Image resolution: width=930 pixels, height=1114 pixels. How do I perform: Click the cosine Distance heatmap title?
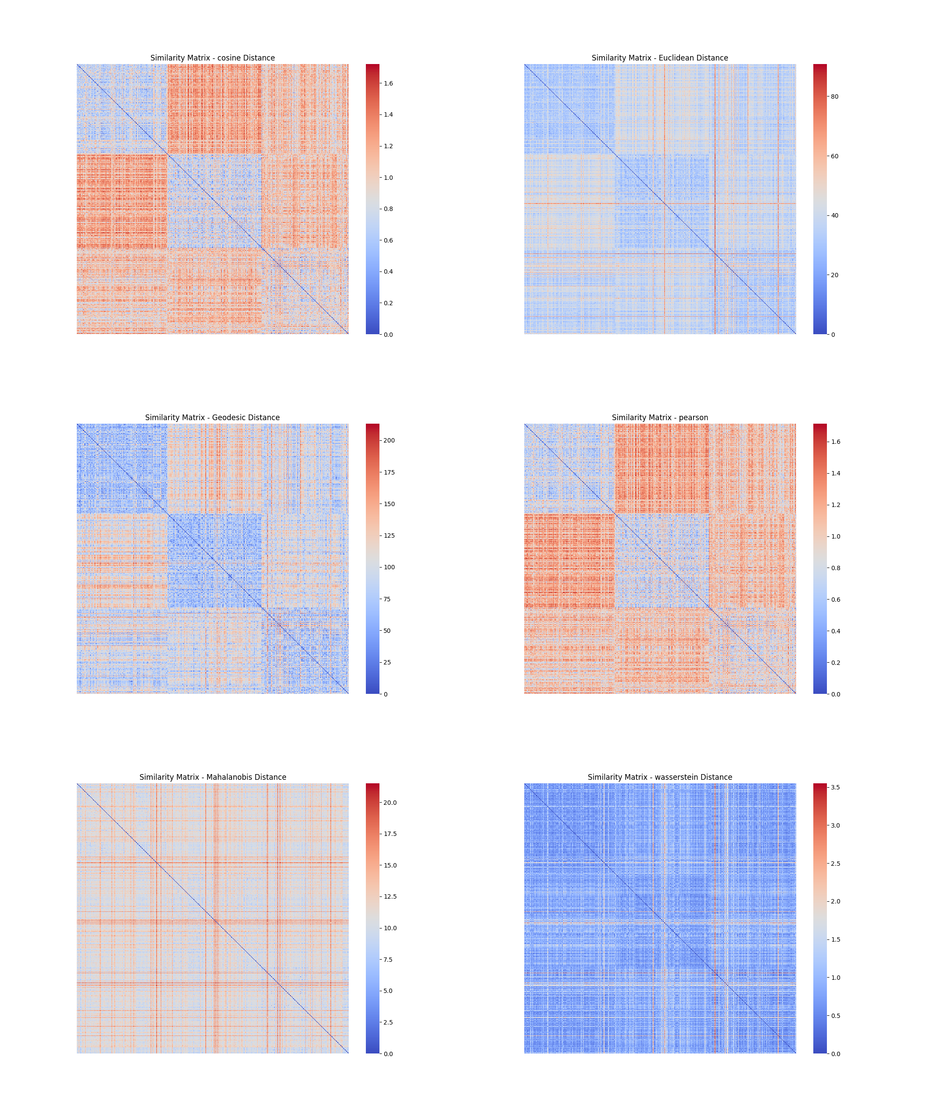212,58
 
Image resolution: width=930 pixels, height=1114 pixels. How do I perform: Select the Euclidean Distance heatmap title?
659,58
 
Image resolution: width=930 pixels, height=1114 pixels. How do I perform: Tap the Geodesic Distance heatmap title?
212,418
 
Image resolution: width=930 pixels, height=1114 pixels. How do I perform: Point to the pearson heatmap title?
659,418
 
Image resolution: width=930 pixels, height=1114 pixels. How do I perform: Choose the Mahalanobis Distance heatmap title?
212,777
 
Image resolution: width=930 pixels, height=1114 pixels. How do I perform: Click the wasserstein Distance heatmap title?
659,777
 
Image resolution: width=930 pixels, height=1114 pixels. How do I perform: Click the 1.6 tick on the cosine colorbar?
388,83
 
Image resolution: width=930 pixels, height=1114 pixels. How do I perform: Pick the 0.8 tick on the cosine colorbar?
388,209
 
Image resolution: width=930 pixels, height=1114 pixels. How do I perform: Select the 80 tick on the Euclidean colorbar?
834,96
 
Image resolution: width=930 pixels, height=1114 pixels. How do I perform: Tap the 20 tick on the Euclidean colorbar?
834,275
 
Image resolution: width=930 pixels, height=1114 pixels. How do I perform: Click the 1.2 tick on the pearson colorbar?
835,505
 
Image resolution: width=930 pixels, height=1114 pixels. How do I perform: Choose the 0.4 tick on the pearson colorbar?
835,631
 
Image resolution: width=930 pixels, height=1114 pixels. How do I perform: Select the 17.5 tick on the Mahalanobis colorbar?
390,834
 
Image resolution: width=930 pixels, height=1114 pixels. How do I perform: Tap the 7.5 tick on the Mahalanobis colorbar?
388,960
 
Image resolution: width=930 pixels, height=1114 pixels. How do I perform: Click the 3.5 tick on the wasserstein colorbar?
835,787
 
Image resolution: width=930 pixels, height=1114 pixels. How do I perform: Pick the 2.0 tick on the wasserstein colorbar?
835,901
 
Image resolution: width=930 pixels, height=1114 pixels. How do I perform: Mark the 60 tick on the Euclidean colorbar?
834,157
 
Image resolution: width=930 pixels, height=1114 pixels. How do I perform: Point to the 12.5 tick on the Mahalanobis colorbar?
390,896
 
